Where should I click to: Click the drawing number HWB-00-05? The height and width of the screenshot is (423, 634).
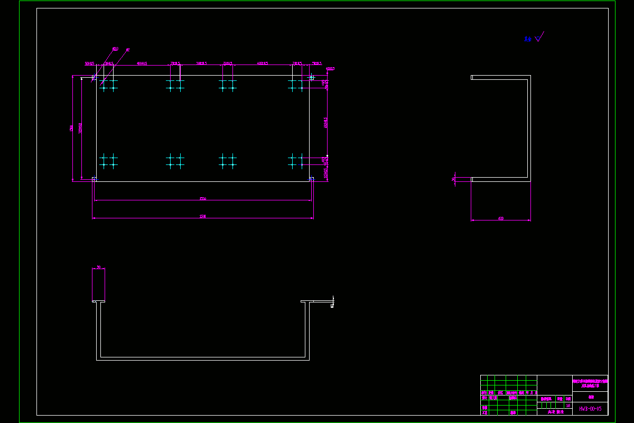(590, 409)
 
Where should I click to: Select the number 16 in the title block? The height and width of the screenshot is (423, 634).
(568, 406)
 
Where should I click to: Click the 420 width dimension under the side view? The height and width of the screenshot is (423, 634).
(501, 218)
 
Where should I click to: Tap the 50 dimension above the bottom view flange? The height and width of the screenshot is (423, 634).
(98, 267)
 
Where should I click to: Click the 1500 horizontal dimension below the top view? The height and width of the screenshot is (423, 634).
(203, 216)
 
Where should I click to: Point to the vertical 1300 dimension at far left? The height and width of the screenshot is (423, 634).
(70, 128)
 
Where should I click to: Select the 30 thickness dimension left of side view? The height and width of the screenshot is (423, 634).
(453, 179)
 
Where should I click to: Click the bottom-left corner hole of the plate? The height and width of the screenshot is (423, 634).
(95, 179)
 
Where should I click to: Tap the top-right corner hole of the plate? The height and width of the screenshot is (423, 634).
(311, 78)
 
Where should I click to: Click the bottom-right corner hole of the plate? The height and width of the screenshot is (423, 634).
(311, 179)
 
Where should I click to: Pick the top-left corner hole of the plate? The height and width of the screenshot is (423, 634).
(95, 78)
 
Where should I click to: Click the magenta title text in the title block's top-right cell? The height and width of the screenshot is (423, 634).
(590, 383)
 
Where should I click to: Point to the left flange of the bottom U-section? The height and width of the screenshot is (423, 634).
(98, 302)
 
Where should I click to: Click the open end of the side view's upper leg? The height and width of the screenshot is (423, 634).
(472, 78)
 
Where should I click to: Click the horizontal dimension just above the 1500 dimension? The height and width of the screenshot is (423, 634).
(203, 199)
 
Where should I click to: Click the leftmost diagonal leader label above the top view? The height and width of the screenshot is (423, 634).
(115, 49)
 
